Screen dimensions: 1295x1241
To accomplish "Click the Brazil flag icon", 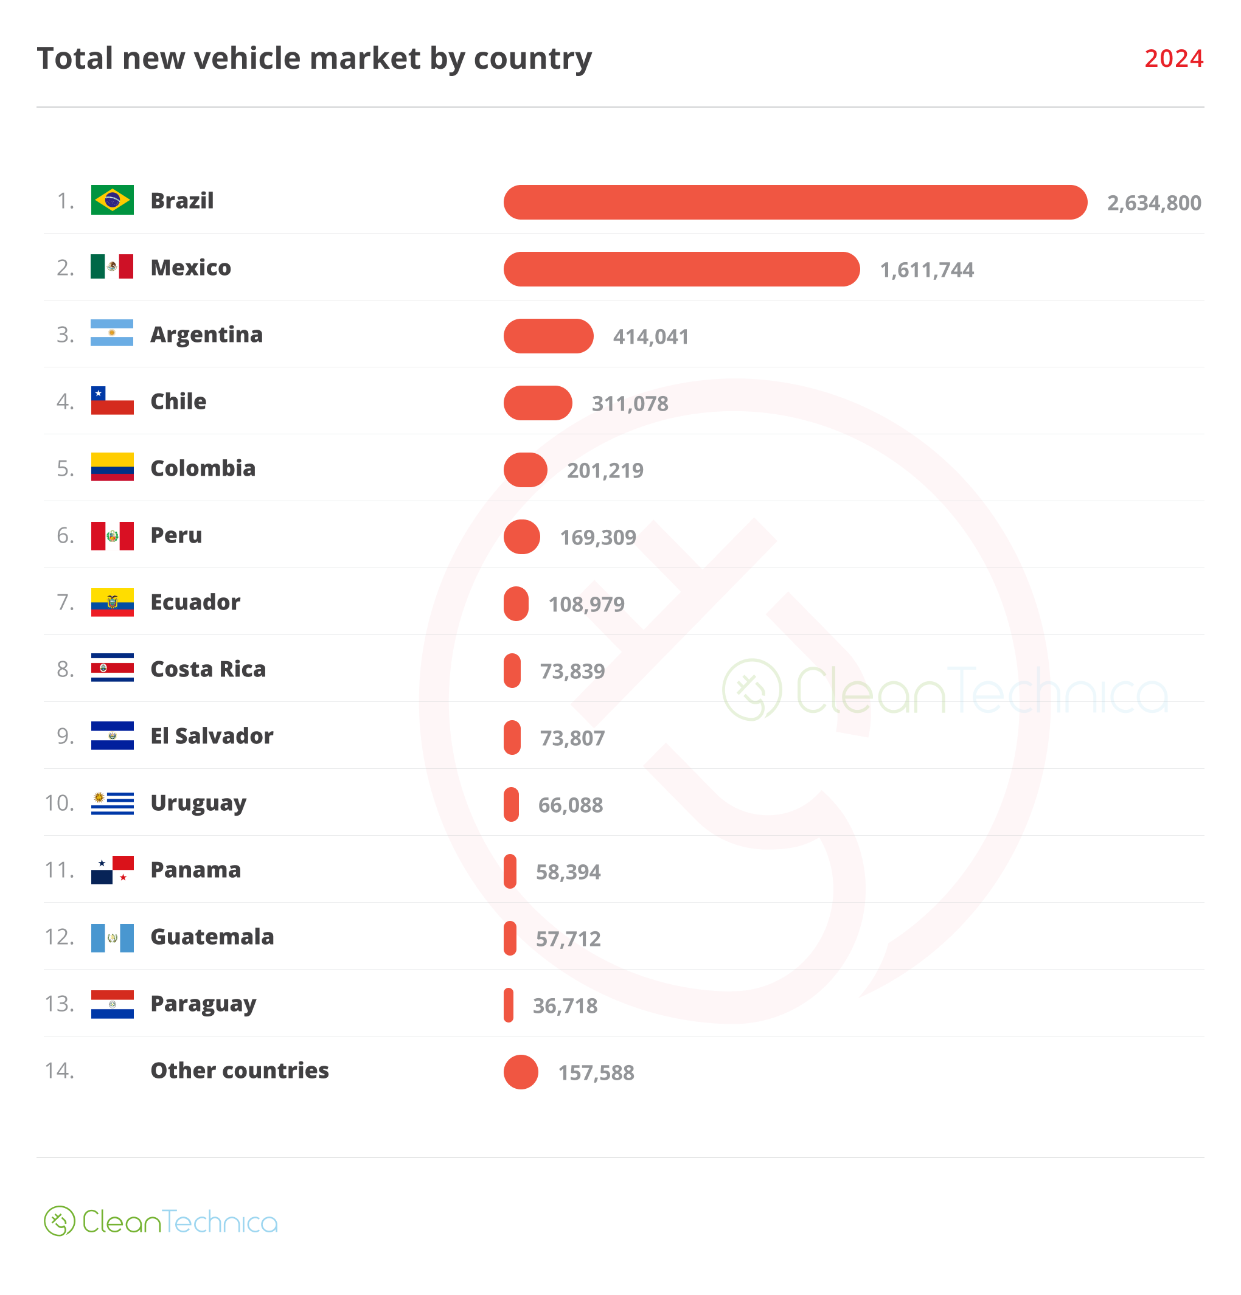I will pyautogui.click(x=113, y=200).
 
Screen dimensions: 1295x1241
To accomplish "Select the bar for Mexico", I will pyautogui.click(x=681, y=269).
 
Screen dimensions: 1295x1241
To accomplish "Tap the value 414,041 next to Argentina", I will pyautogui.click(x=650, y=337).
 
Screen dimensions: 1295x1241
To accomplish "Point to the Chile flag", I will pyautogui.click(x=113, y=401).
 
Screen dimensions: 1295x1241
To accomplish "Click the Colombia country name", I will pyautogui.click(x=203, y=468).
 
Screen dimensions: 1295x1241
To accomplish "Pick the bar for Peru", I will pyautogui.click(x=521, y=536).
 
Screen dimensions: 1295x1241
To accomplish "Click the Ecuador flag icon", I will pyautogui.click(x=113, y=602).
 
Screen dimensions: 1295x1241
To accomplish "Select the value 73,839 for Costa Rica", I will pyautogui.click(x=572, y=672).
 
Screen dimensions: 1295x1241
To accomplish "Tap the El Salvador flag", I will pyautogui.click(x=113, y=735).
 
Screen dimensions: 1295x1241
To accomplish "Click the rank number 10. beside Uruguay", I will pyautogui.click(x=60, y=803).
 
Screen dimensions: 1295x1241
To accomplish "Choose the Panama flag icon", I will pyautogui.click(x=113, y=869).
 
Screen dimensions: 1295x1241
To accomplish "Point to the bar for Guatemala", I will pyautogui.click(x=510, y=938).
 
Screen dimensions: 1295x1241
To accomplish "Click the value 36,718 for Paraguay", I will pyautogui.click(x=565, y=1005).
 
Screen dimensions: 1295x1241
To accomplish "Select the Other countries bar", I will pyautogui.click(x=521, y=1072).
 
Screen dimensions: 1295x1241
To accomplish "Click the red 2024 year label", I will pyautogui.click(x=1173, y=58).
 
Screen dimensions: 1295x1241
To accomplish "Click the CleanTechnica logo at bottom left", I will pyautogui.click(x=161, y=1221).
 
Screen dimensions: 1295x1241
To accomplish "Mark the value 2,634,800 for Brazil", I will pyautogui.click(x=1153, y=203).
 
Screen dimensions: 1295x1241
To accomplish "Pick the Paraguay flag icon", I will pyautogui.click(x=113, y=1004).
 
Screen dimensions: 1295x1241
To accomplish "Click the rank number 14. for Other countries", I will pyautogui.click(x=60, y=1071).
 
